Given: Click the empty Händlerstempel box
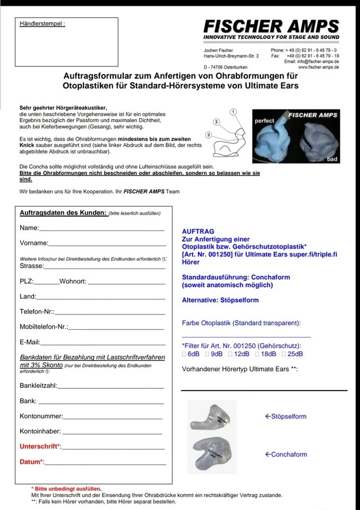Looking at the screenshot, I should point(66,43).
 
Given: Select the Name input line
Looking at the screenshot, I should point(101,230).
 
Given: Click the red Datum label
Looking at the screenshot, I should point(31,462).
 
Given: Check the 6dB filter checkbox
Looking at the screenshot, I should point(184,354).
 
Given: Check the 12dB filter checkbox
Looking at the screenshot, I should point(230,354).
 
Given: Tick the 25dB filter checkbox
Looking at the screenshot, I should point(284,354).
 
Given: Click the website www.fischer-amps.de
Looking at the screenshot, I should point(319,67).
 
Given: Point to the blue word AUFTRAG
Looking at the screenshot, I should point(198,232).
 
